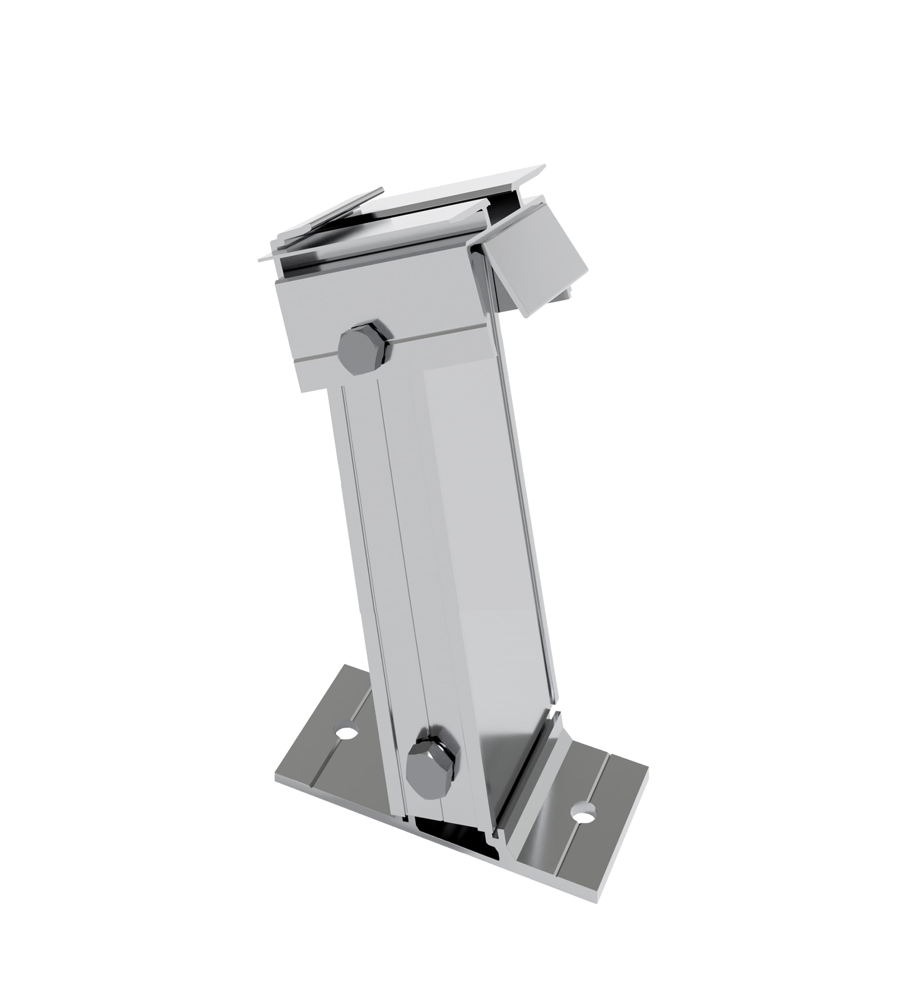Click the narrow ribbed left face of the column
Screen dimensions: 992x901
379,541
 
